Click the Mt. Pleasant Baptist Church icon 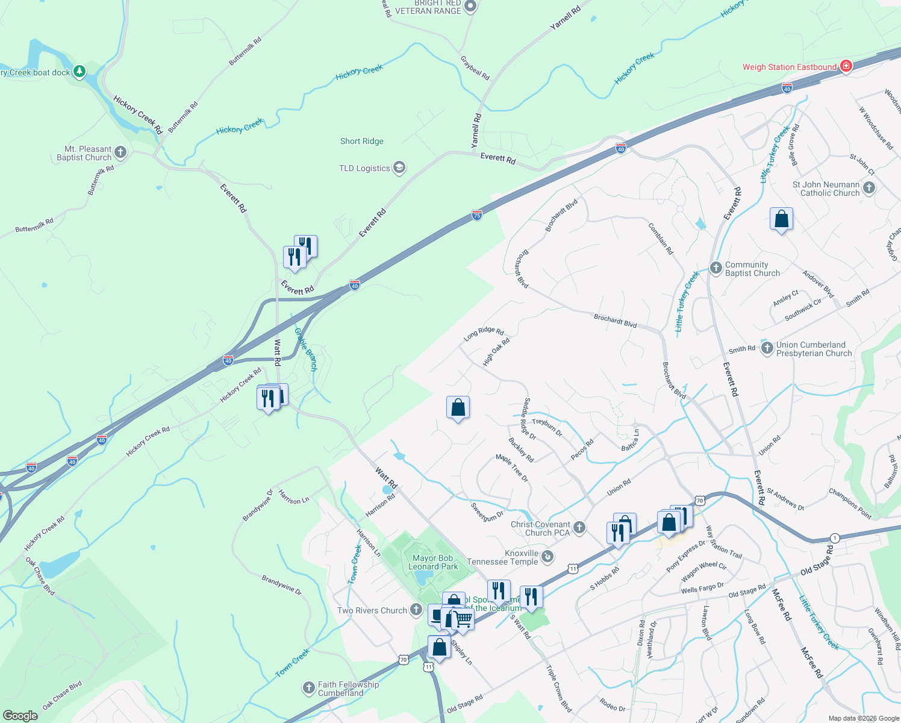tap(120, 152)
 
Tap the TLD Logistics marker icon tap(399, 167)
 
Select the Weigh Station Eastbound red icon tap(846, 66)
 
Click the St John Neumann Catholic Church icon tap(868, 188)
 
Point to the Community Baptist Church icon tap(715, 268)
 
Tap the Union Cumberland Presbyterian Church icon tap(767, 348)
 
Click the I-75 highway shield tap(476, 215)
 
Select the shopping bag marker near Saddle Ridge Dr tap(458, 408)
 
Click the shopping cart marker tap(463, 619)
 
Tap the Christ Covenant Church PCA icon tap(579, 528)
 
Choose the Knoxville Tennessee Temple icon tap(547, 557)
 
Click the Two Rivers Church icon tap(416, 610)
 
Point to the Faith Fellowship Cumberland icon tap(308, 688)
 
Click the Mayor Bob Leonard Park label tap(433, 562)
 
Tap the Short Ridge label tap(361, 141)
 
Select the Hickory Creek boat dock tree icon tap(79, 72)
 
